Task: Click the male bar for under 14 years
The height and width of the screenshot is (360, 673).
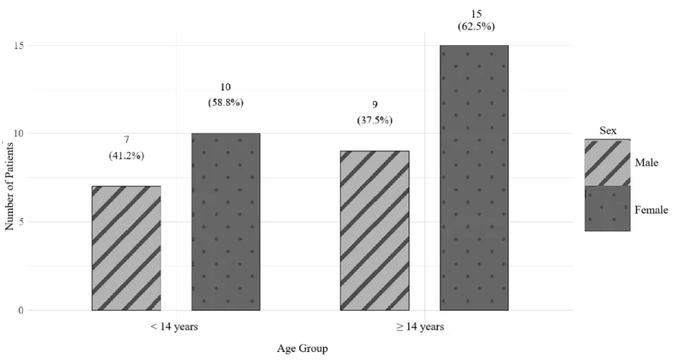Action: click(x=126, y=248)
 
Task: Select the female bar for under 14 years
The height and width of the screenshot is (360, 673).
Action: click(x=226, y=222)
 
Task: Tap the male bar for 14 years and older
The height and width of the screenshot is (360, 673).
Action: click(x=374, y=231)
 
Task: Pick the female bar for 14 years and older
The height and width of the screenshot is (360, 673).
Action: click(x=474, y=178)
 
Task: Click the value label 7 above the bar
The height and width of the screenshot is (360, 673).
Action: click(x=126, y=139)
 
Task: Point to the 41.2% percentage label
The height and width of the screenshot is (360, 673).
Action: click(x=126, y=155)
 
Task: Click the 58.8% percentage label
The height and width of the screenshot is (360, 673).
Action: click(x=225, y=103)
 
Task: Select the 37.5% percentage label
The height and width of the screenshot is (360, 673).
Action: click(x=375, y=120)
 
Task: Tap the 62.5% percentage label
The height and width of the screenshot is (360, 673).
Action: click(x=474, y=28)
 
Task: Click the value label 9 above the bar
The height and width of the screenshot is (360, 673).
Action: click(x=375, y=104)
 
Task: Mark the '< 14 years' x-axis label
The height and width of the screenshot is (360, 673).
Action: click(x=174, y=328)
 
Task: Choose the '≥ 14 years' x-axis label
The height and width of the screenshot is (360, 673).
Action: click(x=421, y=328)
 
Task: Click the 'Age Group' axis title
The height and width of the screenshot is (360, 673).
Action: click(x=302, y=349)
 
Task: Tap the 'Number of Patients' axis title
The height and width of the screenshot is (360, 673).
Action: click(x=9, y=182)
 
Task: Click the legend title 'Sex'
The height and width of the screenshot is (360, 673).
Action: click(x=608, y=131)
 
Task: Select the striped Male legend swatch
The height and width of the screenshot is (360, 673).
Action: click(x=607, y=162)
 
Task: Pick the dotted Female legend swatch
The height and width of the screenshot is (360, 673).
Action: click(x=607, y=209)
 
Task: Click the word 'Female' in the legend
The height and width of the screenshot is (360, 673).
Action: click(x=651, y=210)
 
